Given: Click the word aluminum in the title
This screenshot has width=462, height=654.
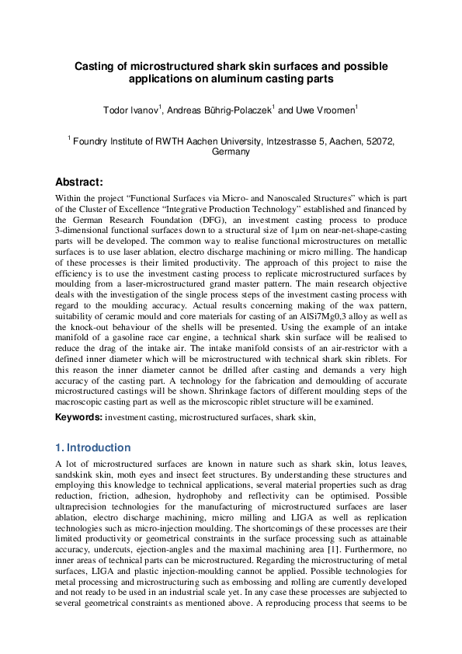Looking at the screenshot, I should [x=212, y=79].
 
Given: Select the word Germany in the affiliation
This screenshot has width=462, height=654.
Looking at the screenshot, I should [x=231, y=151].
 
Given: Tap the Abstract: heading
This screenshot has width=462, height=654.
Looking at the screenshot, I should [x=79, y=182].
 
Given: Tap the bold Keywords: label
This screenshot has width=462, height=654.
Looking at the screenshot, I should [x=78, y=418].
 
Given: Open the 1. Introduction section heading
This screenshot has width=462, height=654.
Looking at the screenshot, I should [x=93, y=448].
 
